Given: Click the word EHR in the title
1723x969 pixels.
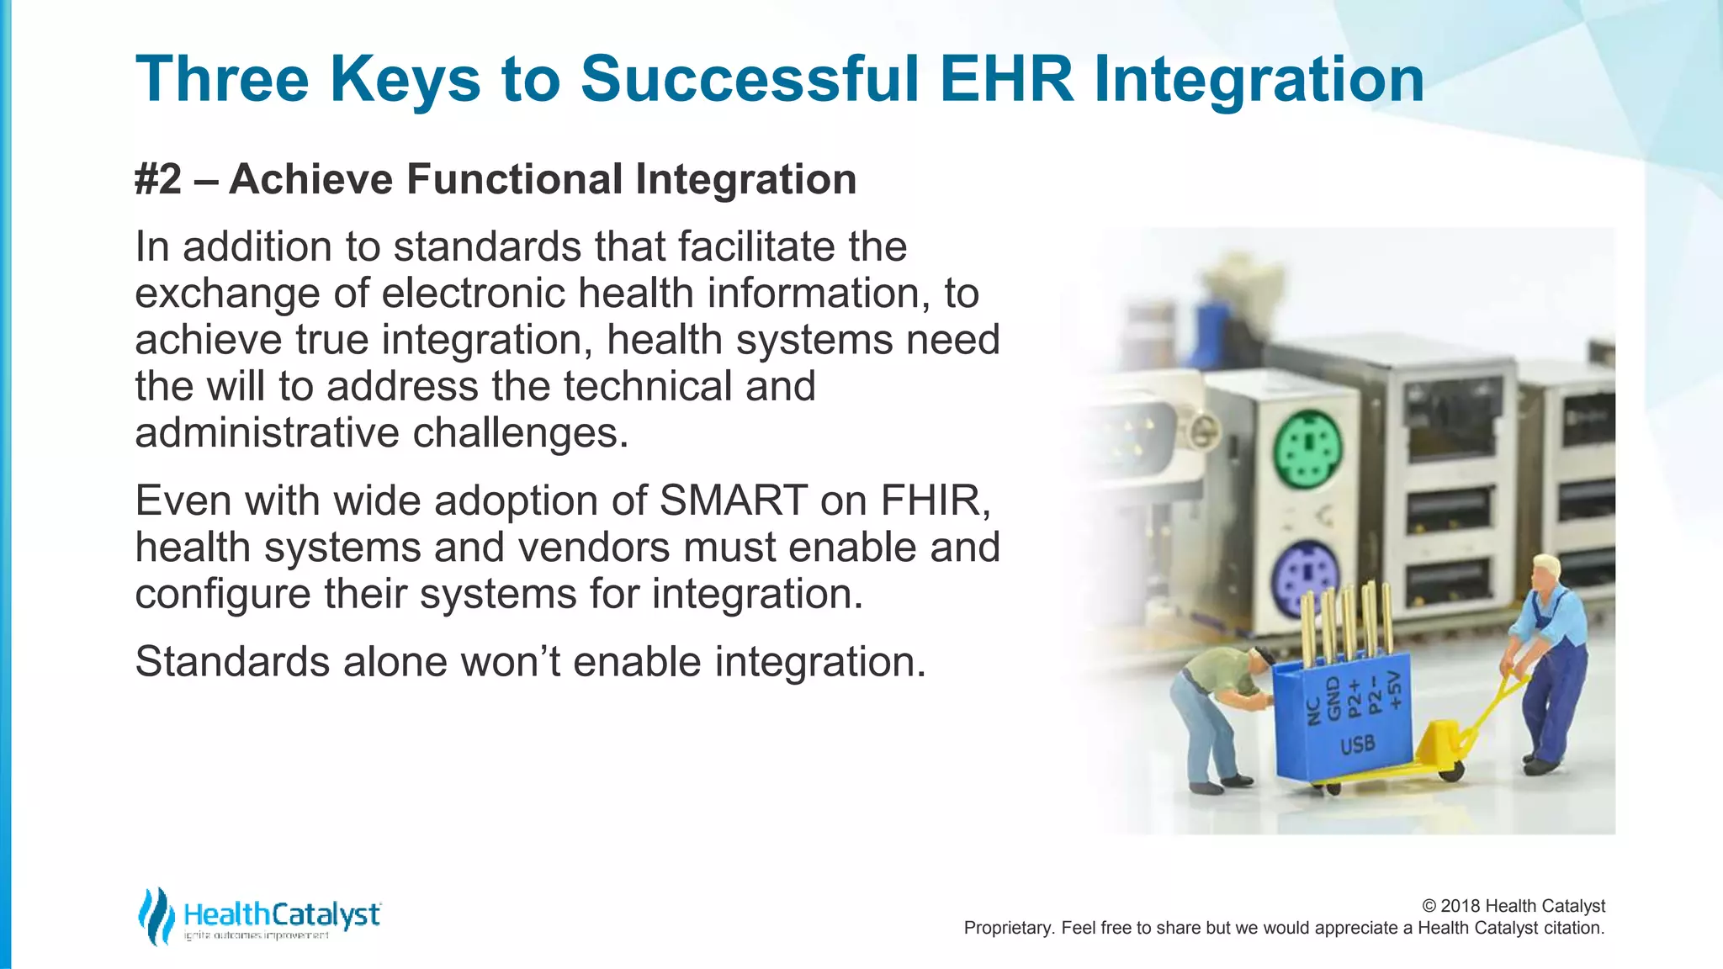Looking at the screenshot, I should (1006, 80).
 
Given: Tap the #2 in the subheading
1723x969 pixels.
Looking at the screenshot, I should (158, 179).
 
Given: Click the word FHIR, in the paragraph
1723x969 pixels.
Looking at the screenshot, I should (935, 500).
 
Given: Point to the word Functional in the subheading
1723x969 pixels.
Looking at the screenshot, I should (515, 179).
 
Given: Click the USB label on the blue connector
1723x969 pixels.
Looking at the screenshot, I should (1357, 744).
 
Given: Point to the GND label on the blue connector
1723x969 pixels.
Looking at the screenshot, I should (1333, 699).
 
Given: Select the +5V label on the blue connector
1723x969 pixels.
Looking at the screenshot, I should (1396, 689).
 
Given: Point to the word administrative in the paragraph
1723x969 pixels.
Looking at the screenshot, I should (267, 433).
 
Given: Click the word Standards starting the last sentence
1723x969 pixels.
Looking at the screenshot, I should (232, 661).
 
